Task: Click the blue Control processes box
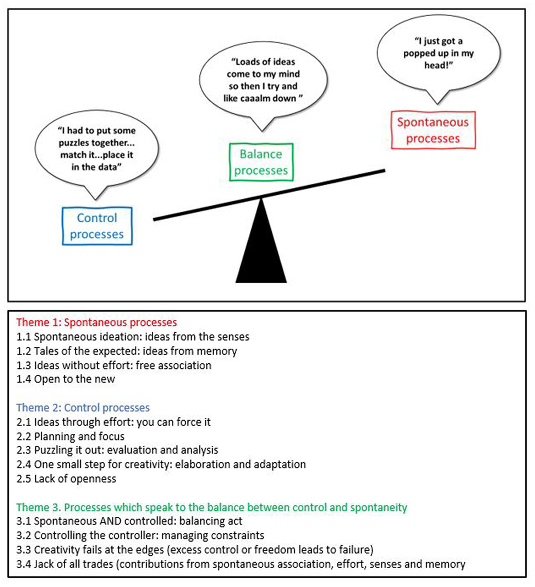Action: pos(97,226)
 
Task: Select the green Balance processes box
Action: pos(261,162)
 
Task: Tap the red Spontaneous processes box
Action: pos(433,130)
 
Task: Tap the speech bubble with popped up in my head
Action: pos(438,53)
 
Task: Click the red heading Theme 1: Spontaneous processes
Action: pos(96,323)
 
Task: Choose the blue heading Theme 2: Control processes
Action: pos(83,408)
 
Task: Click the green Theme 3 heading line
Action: pos(211,507)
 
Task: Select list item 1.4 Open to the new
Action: pos(66,379)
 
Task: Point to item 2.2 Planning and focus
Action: pos(71,436)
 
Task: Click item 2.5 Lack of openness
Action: pos(66,479)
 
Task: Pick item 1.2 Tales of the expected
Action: pos(126,351)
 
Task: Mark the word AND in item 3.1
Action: pos(110,521)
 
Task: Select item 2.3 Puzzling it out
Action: pos(117,450)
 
